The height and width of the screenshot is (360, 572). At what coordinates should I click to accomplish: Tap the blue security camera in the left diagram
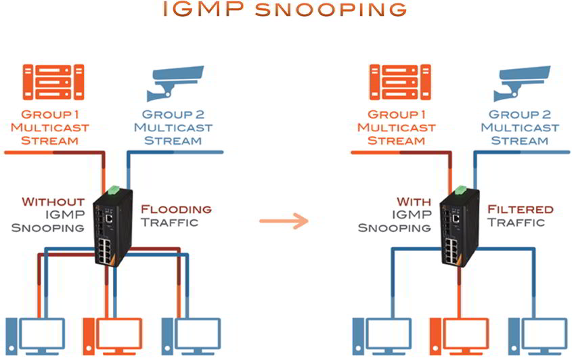point(175,83)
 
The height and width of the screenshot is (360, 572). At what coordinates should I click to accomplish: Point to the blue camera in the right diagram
point(523,83)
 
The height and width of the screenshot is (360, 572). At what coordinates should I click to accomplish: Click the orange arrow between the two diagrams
point(282,221)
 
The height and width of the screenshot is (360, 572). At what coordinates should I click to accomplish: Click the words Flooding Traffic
point(175,215)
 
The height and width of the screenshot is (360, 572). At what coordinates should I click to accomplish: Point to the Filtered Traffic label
point(521,215)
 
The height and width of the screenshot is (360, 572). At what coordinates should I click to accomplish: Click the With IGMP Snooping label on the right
point(404,214)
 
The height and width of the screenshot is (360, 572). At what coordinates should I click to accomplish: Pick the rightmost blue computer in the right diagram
point(538,335)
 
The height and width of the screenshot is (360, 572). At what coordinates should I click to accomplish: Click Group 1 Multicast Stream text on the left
point(55,127)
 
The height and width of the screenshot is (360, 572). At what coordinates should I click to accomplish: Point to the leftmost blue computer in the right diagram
point(382,335)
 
